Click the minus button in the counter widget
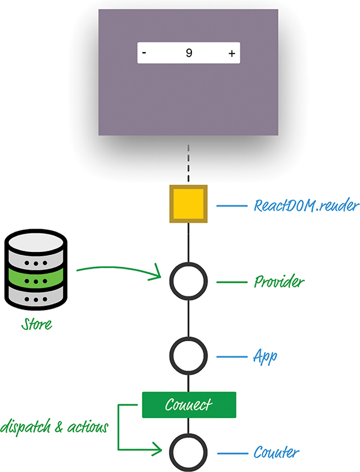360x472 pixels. (x=144, y=53)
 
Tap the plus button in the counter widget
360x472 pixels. (x=232, y=53)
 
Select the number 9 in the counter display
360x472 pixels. (x=188, y=53)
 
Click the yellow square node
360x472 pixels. (x=188, y=205)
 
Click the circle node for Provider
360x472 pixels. (x=188, y=280)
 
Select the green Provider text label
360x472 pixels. (x=278, y=281)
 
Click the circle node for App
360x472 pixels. (x=188, y=356)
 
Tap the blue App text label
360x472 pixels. (x=265, y=357)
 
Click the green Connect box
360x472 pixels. (x=189, y=404)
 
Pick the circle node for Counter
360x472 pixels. (x=188, y=450)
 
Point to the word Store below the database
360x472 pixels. (x=36, y=325)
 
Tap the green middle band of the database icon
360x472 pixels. (x=36, y=280)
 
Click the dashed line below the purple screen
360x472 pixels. (x=188, y=163)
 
